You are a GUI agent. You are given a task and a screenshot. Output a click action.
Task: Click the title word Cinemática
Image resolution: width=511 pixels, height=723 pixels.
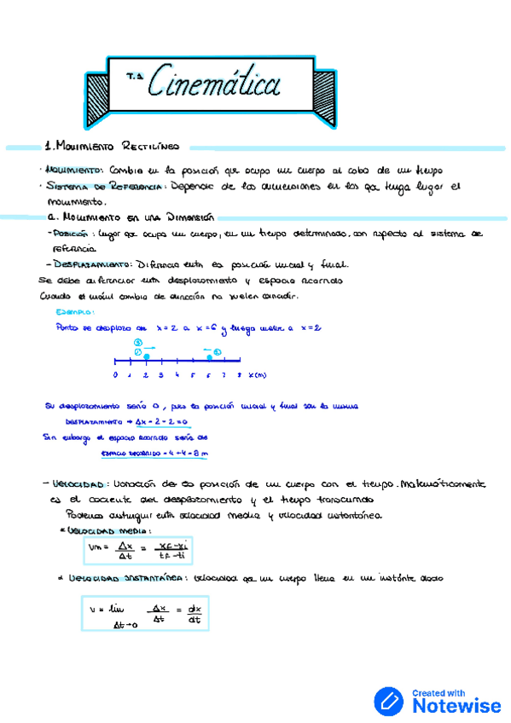(214, 84)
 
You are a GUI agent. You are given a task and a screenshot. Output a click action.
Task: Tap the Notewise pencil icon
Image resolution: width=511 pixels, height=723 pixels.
(389, 702)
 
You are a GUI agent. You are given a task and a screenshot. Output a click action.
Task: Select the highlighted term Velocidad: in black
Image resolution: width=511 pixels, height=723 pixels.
(78, 484)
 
